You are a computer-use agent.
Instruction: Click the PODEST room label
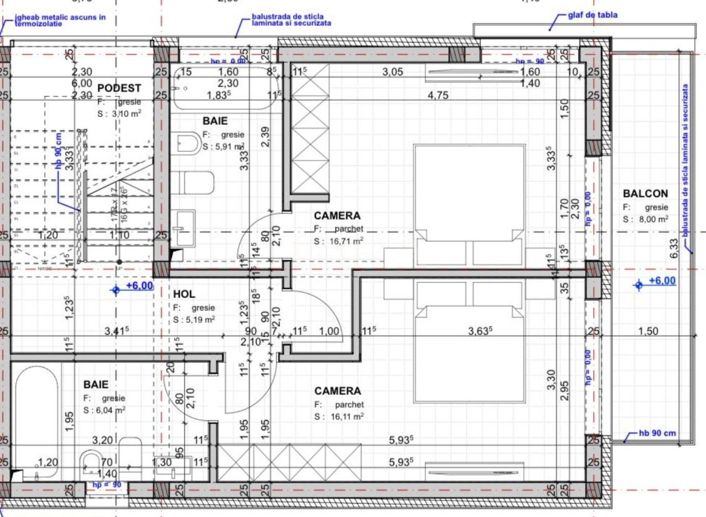pos(119,88)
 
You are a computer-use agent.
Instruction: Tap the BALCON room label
pos(645,194)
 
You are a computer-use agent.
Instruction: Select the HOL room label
pos(184,294)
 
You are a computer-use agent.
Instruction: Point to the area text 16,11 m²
pos(347,416)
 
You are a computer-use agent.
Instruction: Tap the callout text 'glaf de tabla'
pos(593,15)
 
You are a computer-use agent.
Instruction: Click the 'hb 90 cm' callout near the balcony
pos(657,433)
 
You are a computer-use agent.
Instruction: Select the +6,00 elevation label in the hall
pos(140,286)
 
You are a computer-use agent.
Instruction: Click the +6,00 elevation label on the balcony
pos(662,281)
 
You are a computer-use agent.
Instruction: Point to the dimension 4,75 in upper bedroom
pos(438,95)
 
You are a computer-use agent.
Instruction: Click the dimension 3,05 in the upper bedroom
pos(392,72)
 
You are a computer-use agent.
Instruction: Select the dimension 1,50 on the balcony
pos(647,331)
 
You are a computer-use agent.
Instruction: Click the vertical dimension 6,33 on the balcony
pos(674,249)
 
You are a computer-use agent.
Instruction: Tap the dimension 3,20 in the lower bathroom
pos(102,440)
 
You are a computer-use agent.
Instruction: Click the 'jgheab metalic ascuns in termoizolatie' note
pos(60,20)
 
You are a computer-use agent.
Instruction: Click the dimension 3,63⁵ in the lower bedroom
pos(480,331)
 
